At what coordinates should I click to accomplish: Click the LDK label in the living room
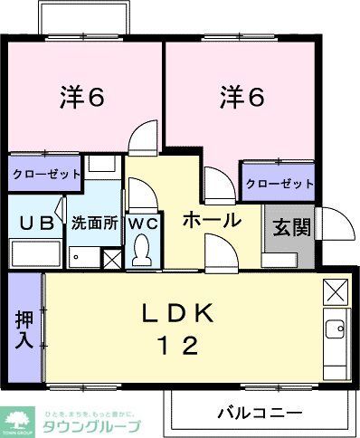point(178,314)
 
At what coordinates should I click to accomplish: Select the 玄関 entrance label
point(289,225)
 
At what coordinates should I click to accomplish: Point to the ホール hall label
point(212,220)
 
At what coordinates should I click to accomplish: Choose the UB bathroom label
point(34,223)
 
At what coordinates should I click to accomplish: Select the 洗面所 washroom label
point(95,223)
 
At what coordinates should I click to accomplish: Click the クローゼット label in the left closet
point(45,173)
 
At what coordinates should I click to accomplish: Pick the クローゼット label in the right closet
point(279,183)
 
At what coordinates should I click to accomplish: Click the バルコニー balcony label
point(260,412)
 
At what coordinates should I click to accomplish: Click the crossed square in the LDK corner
point(335,291)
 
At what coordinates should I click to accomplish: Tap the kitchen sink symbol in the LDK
point(336,329)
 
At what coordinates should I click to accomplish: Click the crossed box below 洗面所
point(111,259)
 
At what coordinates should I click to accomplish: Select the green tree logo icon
point(18,422)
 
